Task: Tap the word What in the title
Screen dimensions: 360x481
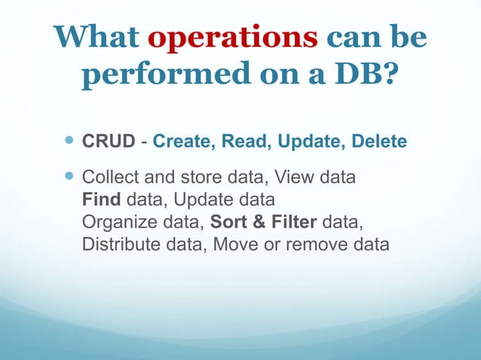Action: (98, 38)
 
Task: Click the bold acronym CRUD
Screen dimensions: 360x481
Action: (104, 142)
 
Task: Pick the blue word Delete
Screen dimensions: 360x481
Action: (377, 142)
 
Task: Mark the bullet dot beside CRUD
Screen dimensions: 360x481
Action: (69, 141)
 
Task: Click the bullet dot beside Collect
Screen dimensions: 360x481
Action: (69, 178)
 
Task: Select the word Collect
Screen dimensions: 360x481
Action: (106, 179)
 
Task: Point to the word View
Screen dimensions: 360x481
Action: (294, 179)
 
